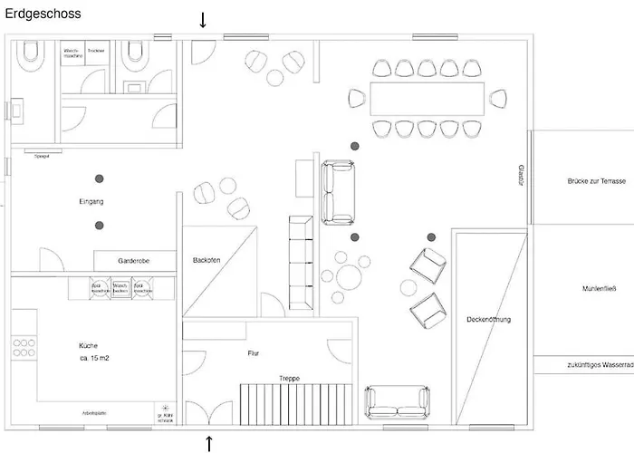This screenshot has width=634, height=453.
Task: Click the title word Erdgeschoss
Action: coord(43,14)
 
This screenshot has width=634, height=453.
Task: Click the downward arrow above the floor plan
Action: coord(203,20)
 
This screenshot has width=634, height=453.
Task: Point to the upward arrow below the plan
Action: coord(209,443)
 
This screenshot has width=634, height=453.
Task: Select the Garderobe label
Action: coord(133,260)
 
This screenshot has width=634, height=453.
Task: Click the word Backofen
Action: coord(207,260)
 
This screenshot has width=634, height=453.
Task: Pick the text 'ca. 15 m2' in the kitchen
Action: coord(95,359)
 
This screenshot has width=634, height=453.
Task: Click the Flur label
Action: coord(254,353)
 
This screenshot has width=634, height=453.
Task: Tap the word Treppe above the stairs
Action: coord(289,378)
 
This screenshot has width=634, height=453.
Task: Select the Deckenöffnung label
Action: coord(489,320)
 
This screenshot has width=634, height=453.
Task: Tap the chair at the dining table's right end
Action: coord(498,98)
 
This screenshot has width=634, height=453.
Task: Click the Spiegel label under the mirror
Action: coord(41,156)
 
